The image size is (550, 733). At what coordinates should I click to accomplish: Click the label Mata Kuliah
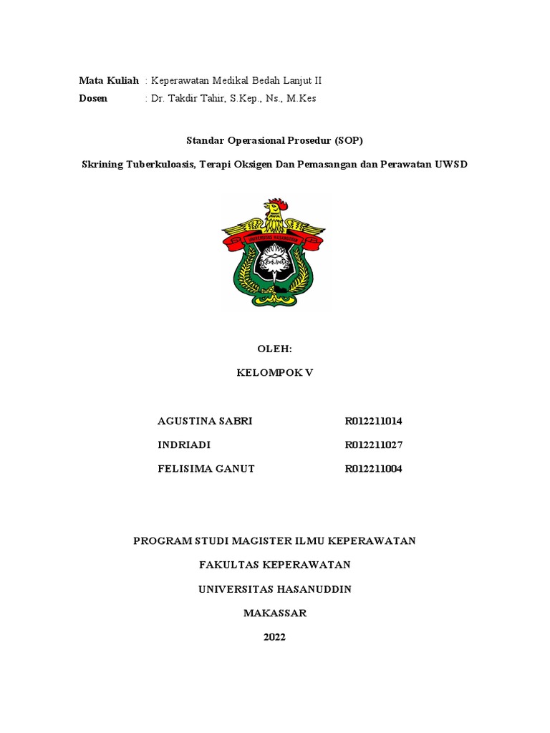108,82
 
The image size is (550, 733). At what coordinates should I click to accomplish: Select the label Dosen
93,99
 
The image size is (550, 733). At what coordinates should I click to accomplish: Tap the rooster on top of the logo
274,211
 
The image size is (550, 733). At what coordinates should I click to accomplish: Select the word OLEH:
274,349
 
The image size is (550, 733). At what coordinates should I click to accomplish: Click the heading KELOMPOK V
274,373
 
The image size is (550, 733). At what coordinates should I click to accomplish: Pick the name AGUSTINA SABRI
205,421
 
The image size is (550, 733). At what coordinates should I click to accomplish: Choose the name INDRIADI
184,445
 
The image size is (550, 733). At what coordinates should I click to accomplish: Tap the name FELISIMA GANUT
206,469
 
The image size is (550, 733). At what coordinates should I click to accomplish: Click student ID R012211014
373,421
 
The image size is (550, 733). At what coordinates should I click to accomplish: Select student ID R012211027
373,445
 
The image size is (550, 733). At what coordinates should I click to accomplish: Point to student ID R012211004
373,469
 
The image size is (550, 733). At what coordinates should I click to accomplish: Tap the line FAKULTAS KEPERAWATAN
274,565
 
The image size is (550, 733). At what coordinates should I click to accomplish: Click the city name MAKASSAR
274,613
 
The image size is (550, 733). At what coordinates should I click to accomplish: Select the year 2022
274,637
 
